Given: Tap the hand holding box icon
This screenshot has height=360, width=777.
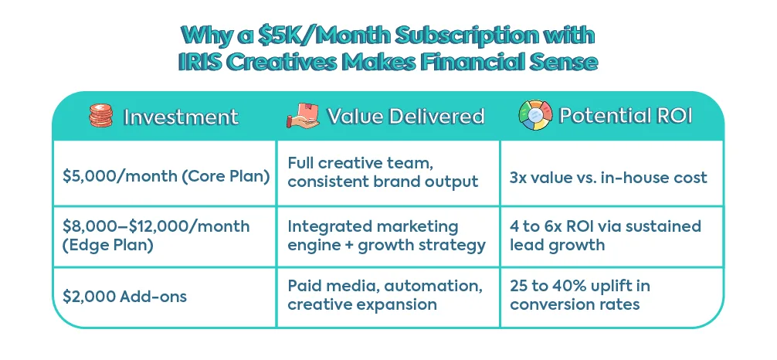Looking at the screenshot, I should [x=303, y=116].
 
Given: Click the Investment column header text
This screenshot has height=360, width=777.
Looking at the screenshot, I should [x=181, y=117].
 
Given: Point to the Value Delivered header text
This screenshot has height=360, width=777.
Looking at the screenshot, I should [x=405, y=116].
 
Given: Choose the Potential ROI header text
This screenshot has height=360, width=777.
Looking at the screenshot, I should [x=626, y=116].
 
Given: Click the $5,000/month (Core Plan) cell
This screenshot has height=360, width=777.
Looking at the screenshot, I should [x=166, y=177].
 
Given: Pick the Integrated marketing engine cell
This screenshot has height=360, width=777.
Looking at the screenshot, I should [x=386, y=236].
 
